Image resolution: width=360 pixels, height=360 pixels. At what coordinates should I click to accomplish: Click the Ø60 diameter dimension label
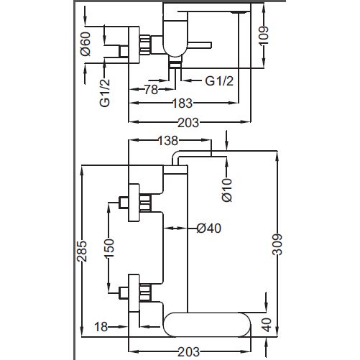[x=86, y=44]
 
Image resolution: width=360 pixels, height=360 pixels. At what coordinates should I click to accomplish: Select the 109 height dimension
[x=264, y=35]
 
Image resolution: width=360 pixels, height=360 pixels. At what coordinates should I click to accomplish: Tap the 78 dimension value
[x=152, y=90]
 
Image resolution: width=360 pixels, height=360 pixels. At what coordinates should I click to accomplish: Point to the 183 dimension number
[x=183, y=103]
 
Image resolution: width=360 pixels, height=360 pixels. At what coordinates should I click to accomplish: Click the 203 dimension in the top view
[x=188, y=122]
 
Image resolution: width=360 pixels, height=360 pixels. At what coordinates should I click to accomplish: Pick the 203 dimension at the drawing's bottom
[x=189, y=351]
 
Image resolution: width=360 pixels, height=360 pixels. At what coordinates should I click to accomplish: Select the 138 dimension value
[x=168, y=141]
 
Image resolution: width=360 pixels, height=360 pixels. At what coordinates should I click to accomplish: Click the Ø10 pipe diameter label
[x=227, y=190]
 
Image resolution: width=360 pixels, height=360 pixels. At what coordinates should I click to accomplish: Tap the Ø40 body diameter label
[x=208, y=228]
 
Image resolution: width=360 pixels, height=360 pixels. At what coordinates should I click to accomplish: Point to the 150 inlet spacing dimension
[x=110, y=248]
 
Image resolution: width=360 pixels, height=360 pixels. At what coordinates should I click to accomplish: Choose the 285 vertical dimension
[x=82, y=251]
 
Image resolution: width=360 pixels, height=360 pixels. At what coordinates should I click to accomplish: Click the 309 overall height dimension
[x=278, y=244]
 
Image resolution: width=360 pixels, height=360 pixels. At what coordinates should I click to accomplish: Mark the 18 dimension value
[x=101, y=327]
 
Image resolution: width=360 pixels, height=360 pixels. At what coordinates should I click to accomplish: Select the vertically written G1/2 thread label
[x=105, y=93]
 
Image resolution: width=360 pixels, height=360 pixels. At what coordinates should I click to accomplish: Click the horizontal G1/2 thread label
[x=219, y=81]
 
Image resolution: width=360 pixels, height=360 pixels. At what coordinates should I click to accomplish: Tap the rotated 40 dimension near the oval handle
[x=267, y=325]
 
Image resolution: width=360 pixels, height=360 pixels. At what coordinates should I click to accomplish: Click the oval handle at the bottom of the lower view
[x=207, y=325]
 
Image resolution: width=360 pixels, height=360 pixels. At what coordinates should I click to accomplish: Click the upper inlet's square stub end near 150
[x=124, y=202]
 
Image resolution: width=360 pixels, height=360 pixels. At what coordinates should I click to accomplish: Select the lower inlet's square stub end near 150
[x=124, y=292]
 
